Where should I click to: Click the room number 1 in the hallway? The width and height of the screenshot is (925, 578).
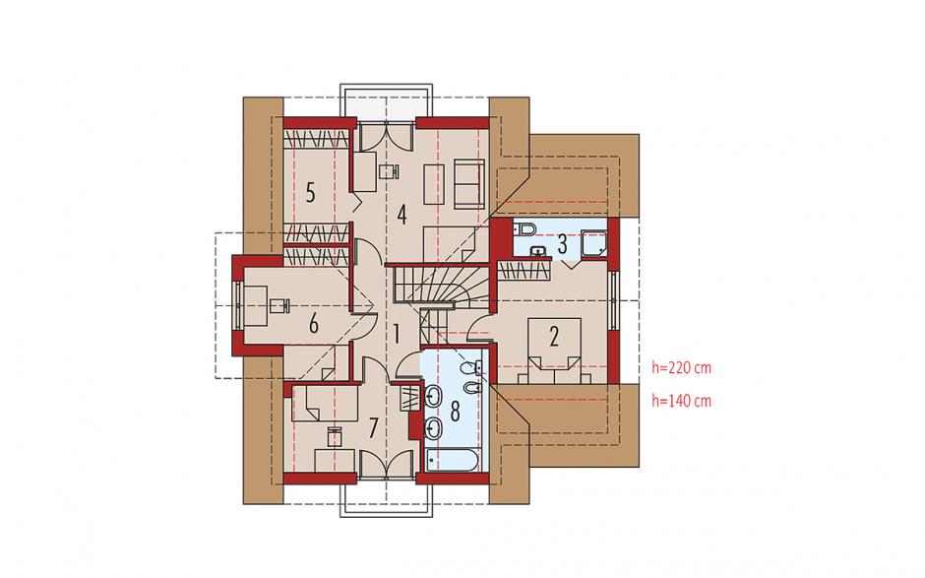pyautogui.click(x=397, y=335)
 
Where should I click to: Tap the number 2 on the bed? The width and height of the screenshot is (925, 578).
pyautogui.click(x=554, y=337)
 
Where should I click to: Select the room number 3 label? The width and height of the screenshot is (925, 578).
pyautogui.click(x=562, y=244)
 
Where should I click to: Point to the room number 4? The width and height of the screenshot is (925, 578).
pyautogui.click(x=401, y=215)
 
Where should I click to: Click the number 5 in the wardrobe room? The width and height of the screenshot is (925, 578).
pyautogui.click(x=310, y=193)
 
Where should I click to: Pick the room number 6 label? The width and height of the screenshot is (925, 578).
pyautogui.click(x=313, y=324)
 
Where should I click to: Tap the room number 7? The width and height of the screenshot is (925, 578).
pyautogui.click(x=372, y=428)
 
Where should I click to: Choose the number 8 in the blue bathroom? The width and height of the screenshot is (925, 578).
pyautogui.click(x=455, y=411)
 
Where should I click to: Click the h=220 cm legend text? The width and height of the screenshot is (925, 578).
pyautogui.click(x=681, y=368)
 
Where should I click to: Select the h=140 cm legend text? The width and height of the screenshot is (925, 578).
pyautogui.click(x=681, y=401)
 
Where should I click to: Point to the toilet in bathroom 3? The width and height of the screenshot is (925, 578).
pyautogui.click(x=524, y=227)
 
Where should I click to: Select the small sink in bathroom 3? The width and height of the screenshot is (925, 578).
pyautogui.click(x=538, y=251)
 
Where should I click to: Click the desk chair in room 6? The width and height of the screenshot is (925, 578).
pyautogui.click(x=278, y=305)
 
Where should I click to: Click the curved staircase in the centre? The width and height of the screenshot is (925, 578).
pyautogui.click(x=440, y=287)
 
